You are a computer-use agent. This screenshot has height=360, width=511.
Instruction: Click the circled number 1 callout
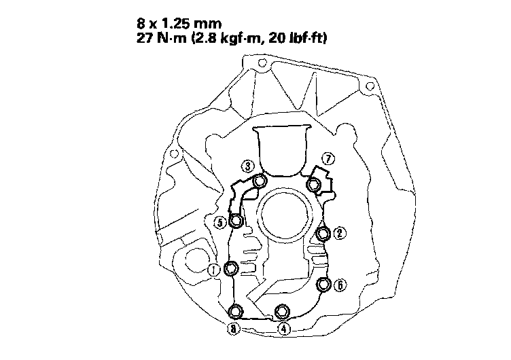[214, 270]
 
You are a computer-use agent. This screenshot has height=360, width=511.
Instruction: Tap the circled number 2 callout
[340, 233]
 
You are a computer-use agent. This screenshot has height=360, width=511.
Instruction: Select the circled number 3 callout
[247, 166]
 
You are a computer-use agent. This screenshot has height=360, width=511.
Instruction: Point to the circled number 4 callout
[284, 329]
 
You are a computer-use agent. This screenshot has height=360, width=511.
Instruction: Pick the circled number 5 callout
[220, 223]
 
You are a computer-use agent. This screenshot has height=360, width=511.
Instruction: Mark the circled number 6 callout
[340, 285]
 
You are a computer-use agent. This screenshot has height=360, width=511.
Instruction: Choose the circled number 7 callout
[328, 159]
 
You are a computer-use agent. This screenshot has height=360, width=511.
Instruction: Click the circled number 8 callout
[233, 329]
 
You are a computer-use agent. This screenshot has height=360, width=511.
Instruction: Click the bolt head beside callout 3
[260, 180]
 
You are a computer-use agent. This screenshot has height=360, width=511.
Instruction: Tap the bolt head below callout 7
[313, 185]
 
